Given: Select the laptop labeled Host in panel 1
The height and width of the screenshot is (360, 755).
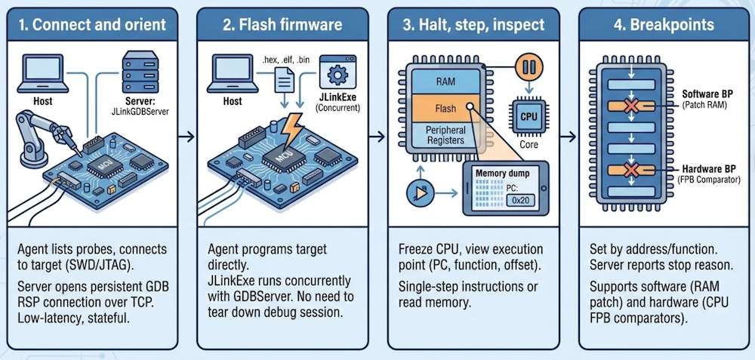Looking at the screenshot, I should click(44, 73).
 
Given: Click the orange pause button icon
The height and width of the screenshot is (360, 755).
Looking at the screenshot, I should click(528, 66).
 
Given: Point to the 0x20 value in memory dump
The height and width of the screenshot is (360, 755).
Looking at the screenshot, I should click(519, 200).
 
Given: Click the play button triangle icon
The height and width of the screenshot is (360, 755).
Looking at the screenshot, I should click(416, 194).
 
